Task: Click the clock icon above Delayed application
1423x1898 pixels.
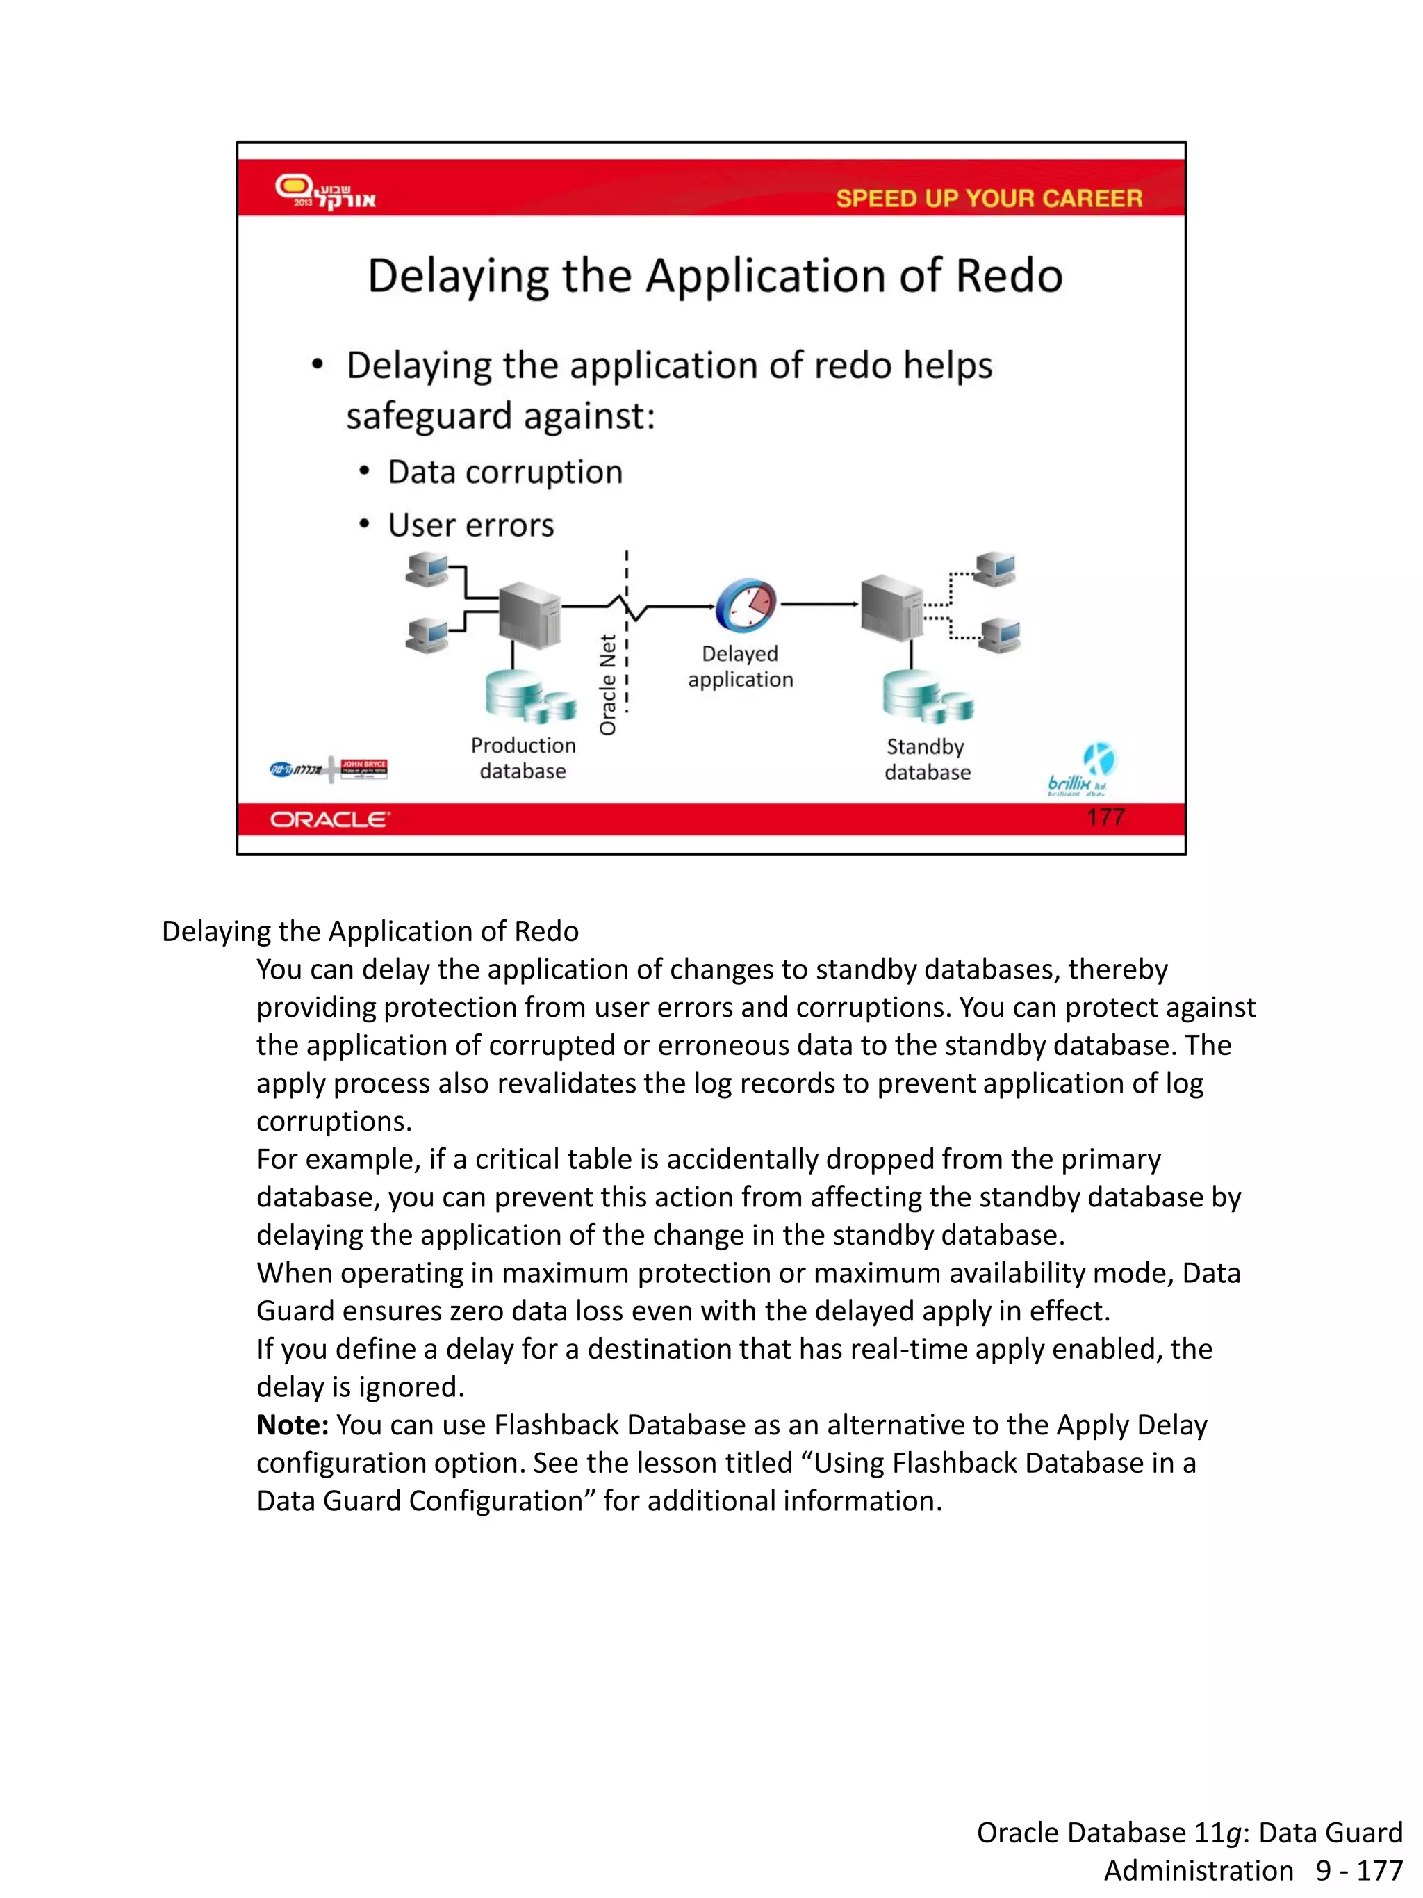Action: coord(746,604)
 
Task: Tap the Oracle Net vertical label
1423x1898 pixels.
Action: coord(608,684)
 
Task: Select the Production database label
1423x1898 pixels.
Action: coord(523,758)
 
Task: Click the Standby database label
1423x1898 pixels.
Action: coord(927,760)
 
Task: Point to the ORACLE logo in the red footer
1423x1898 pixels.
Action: coord(329,819)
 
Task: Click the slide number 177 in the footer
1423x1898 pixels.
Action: coord(1105,817)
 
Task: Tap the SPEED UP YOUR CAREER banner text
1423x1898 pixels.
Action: coord(988,198)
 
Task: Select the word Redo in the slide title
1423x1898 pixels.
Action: coord(1009,277)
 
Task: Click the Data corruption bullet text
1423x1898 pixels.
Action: coord(504,472)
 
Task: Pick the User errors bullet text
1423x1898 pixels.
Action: coord(471,525)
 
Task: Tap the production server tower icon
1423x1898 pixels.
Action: coord(529,614)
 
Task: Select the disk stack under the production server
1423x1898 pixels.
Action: coord(529,694)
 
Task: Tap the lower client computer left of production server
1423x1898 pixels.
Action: coord(427,636)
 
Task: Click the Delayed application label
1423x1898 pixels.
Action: coord(740,666)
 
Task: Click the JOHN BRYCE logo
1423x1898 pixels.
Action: coord(363,768)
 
